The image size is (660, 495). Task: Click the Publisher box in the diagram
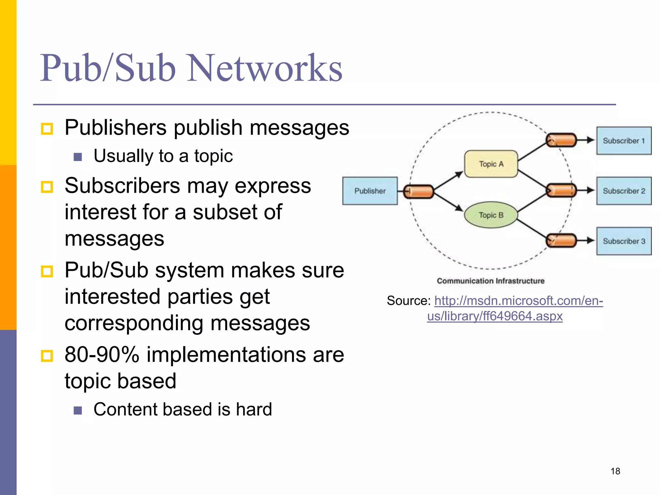click(x=370, y=191)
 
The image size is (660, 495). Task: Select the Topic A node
click(x=491, y=164)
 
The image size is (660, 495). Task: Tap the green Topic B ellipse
click(x=491, y=215)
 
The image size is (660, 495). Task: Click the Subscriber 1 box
click(x=624, y=141)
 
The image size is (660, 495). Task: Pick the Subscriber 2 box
click(x=624, y=191)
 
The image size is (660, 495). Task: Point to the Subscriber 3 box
click(x=624, y=241)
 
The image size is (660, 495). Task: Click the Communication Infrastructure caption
click(x=490, y=281)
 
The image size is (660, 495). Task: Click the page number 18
click(x=615, y=471)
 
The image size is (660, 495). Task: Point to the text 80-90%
click(x=102, y=354)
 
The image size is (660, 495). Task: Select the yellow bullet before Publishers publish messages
click(x=47, y=129)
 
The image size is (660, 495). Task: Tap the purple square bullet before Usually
click(x=78, y=157)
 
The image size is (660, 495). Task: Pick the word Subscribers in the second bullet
click(x=122, y=186)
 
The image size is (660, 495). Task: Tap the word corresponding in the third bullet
click(x=133, y=323)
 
